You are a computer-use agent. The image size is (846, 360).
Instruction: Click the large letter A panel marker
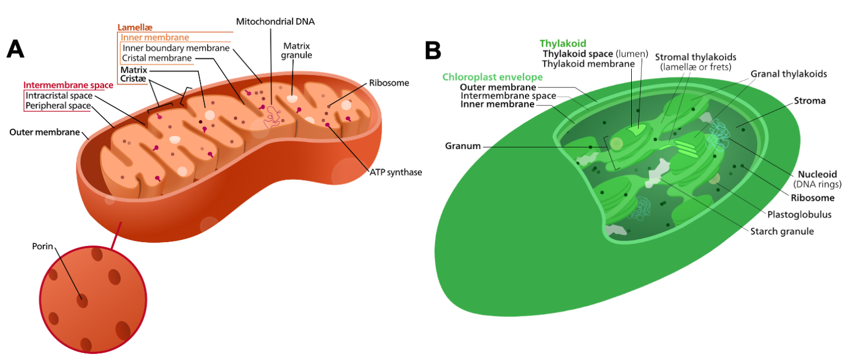tap(15, 50)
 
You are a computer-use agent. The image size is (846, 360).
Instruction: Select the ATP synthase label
tap(395, 172)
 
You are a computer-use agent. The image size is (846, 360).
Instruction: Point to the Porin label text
tap(42, 246)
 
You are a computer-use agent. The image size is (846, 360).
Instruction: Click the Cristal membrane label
tap(157, 58)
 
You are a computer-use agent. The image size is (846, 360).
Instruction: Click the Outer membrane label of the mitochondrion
tap(45, 133)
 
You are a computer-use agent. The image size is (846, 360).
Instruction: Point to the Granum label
tap(463, 146)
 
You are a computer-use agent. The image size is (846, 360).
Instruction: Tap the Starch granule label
tap(782, 231)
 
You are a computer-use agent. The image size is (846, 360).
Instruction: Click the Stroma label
tap(809, 101)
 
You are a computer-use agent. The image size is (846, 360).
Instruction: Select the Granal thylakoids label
tap(788, 74)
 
